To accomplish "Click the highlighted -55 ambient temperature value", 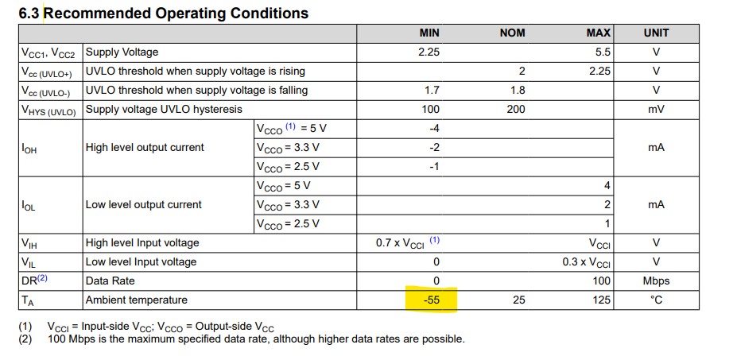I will tap(430, 300).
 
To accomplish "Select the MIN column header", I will tap(429, 33).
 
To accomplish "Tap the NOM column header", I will tap(512, 33).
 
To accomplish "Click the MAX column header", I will tap(598, 33).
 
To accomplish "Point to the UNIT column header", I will tap(656, 33).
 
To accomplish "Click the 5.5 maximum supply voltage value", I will tap(603, 52).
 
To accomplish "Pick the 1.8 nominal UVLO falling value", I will tap(517, 90).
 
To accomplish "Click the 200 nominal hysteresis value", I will tap(515, 109).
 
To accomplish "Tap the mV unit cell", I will tap(656, 109).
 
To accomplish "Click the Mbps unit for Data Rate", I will tap(656, 281).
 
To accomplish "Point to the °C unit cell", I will tap(656, 300).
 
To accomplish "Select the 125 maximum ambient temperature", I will tap(601, 300).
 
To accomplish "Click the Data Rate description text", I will tap(110, 281).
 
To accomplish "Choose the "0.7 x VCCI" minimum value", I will tap(403, 242).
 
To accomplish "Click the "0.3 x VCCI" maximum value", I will tap(586, 261).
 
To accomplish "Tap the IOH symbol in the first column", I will tap(29, 147).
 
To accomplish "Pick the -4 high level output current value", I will tap(433, 128).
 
